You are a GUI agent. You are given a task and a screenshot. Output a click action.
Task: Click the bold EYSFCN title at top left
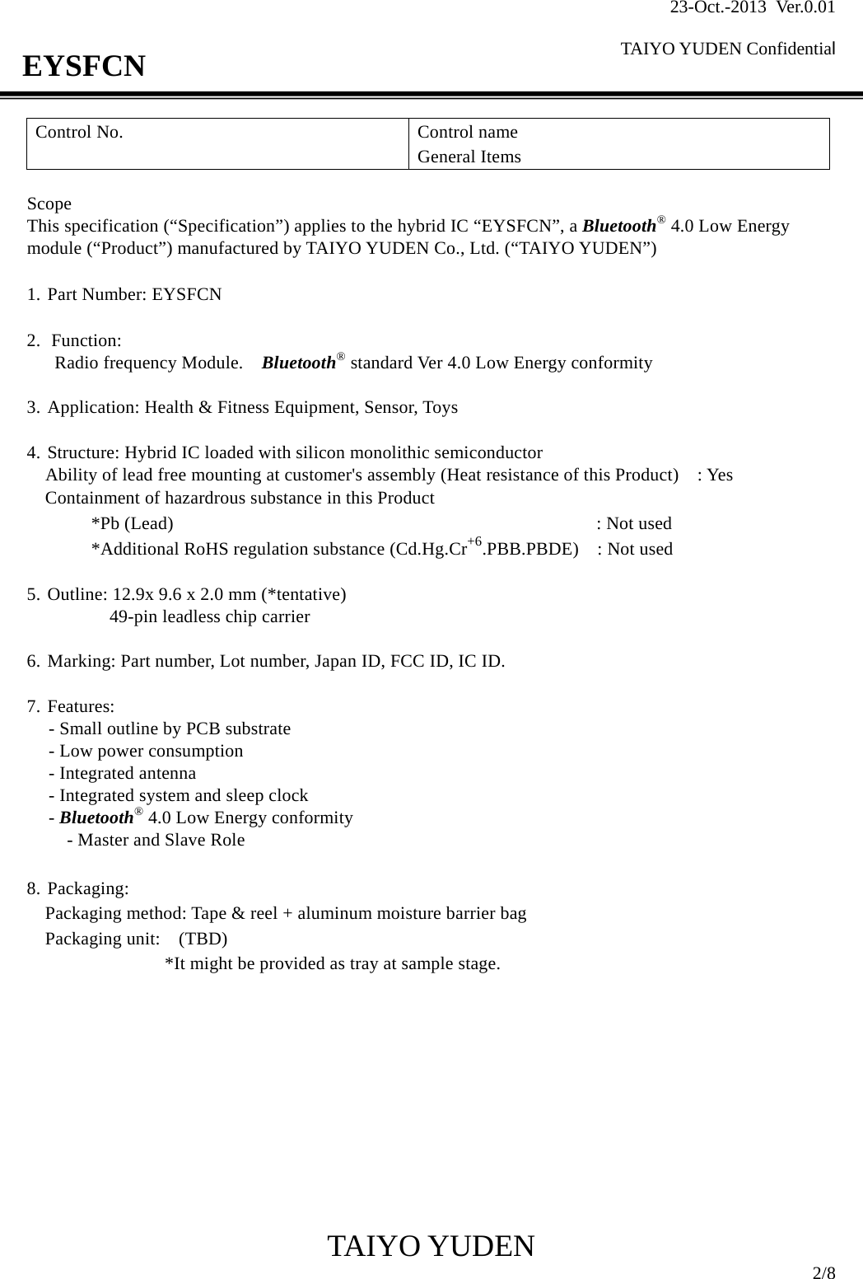click(84, 66)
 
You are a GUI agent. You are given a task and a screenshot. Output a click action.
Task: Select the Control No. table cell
click(217, 143)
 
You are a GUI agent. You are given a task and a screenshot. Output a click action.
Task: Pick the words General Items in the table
click(469, 157)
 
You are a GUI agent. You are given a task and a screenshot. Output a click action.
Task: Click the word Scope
click(49, 204)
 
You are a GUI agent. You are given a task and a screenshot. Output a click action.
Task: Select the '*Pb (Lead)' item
click(132, 524)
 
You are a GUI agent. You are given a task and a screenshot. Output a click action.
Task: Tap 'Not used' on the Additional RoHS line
click(639, 550)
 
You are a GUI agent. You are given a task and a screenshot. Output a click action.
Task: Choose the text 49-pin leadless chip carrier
click(210, 617)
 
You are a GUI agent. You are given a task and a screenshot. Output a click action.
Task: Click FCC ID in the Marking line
click(418, 662)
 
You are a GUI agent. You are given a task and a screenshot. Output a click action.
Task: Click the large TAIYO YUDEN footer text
click(431, 1247)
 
